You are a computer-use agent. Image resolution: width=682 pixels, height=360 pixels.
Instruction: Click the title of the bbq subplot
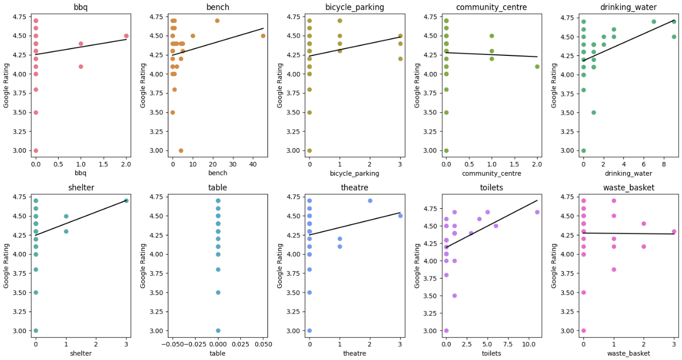(81, 7)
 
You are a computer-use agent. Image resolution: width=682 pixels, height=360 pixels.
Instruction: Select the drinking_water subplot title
(628, 7)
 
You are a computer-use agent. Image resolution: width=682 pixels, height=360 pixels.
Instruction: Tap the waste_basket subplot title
(628, 187)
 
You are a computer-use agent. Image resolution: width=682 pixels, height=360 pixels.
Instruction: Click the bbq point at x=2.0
(126, 36)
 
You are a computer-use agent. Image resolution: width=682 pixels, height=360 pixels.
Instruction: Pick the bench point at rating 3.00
(181, 151)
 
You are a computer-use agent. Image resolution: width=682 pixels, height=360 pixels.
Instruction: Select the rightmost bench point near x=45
(263, 36)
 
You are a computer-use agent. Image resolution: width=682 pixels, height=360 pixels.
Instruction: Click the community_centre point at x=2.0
(537, 67)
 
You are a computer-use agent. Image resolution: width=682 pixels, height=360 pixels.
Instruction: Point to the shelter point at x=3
(126, 201)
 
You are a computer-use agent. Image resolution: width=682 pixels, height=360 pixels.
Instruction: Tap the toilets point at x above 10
(537, 212)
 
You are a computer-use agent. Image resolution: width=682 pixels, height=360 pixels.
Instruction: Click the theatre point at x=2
(370, 201)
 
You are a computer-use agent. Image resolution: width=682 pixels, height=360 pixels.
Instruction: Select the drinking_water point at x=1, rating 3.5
(594, 112)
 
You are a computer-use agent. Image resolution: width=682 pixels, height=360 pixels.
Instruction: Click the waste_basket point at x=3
(674, 232)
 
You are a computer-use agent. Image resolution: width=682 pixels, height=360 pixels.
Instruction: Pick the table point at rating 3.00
(218, 331)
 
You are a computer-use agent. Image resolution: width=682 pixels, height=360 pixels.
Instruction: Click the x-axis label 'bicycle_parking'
(355, 174)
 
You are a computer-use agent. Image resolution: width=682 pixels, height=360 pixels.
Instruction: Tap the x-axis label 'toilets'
(491, 354)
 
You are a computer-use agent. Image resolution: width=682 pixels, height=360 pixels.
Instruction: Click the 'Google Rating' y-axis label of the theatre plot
(280, 265)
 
